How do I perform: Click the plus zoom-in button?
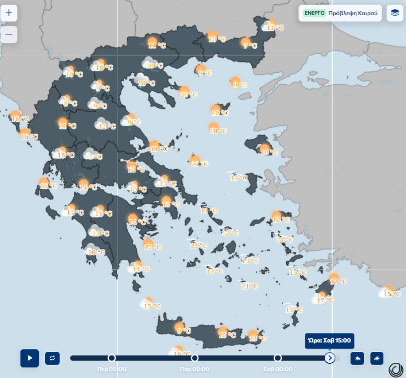[x=9, y=12]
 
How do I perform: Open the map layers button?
[x=394, y=13]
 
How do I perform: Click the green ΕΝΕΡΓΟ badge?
[x=315, y=13]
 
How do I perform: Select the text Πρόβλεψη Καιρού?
[x=353, y=13]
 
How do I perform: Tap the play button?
[x=30, y=358]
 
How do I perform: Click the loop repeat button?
[x=52, y=358]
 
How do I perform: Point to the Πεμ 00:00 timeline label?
[x=112, y=369]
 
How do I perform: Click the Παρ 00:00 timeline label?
[x=195, y=369]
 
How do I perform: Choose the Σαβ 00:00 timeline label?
[x=278, y=369]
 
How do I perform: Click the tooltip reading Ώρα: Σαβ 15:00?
[x=329, y=341]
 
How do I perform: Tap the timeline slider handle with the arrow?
[x=329, y=358]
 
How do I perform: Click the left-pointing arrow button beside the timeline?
[x=357, y=358]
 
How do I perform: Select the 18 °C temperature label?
[x=65, y=155]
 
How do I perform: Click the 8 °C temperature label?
[x=70, y=104]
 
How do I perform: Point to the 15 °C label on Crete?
[x=227, y=335]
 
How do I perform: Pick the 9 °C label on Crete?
[x=184, y=331]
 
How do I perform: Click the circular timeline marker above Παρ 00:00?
[x=195, y=358]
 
